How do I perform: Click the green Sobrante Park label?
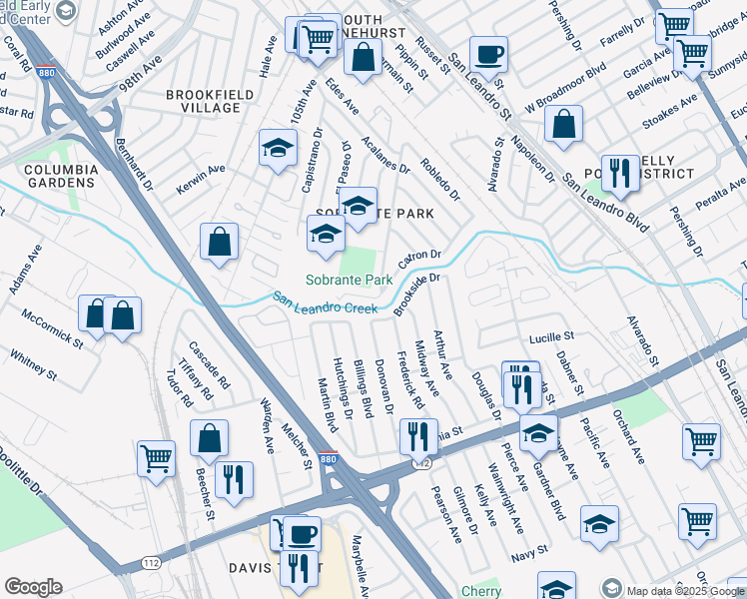(349, 281)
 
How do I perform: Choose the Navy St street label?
(529, 550)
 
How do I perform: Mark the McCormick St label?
(52, 326)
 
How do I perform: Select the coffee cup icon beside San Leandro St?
(488, 54)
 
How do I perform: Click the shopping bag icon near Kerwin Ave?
(219, 241)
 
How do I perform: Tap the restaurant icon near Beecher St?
(234, 478)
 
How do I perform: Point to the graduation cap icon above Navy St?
(599, 522)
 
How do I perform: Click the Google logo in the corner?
(33, 587)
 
